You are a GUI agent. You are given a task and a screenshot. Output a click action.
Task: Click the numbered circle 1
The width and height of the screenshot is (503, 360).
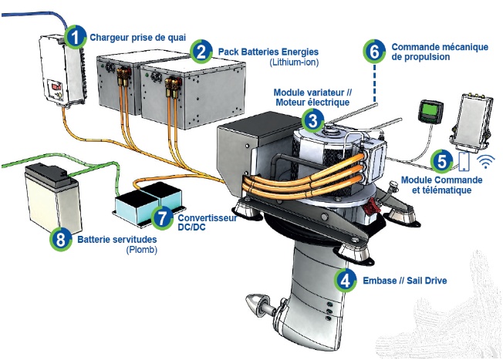pyautogui.click(x=76, y=35)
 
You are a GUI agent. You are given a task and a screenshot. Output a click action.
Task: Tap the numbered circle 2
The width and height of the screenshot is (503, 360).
pyautogui.click(x=201, y=52)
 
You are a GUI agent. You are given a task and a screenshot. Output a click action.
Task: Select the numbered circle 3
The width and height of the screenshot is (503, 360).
pyautogui.click(x=312, y=119)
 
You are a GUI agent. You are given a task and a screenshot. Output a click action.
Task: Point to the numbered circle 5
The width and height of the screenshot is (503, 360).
pyautogui.click(x=441, y=161)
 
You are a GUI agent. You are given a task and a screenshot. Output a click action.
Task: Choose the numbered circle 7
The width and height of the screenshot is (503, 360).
pyautogui.click(x=161, y=217)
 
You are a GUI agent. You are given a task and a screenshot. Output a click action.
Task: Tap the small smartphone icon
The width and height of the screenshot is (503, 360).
pyautogui.click(x=463, y=161)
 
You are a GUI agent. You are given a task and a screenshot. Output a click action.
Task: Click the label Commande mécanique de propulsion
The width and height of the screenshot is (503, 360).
pyautogui.click(x=440, y=52)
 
